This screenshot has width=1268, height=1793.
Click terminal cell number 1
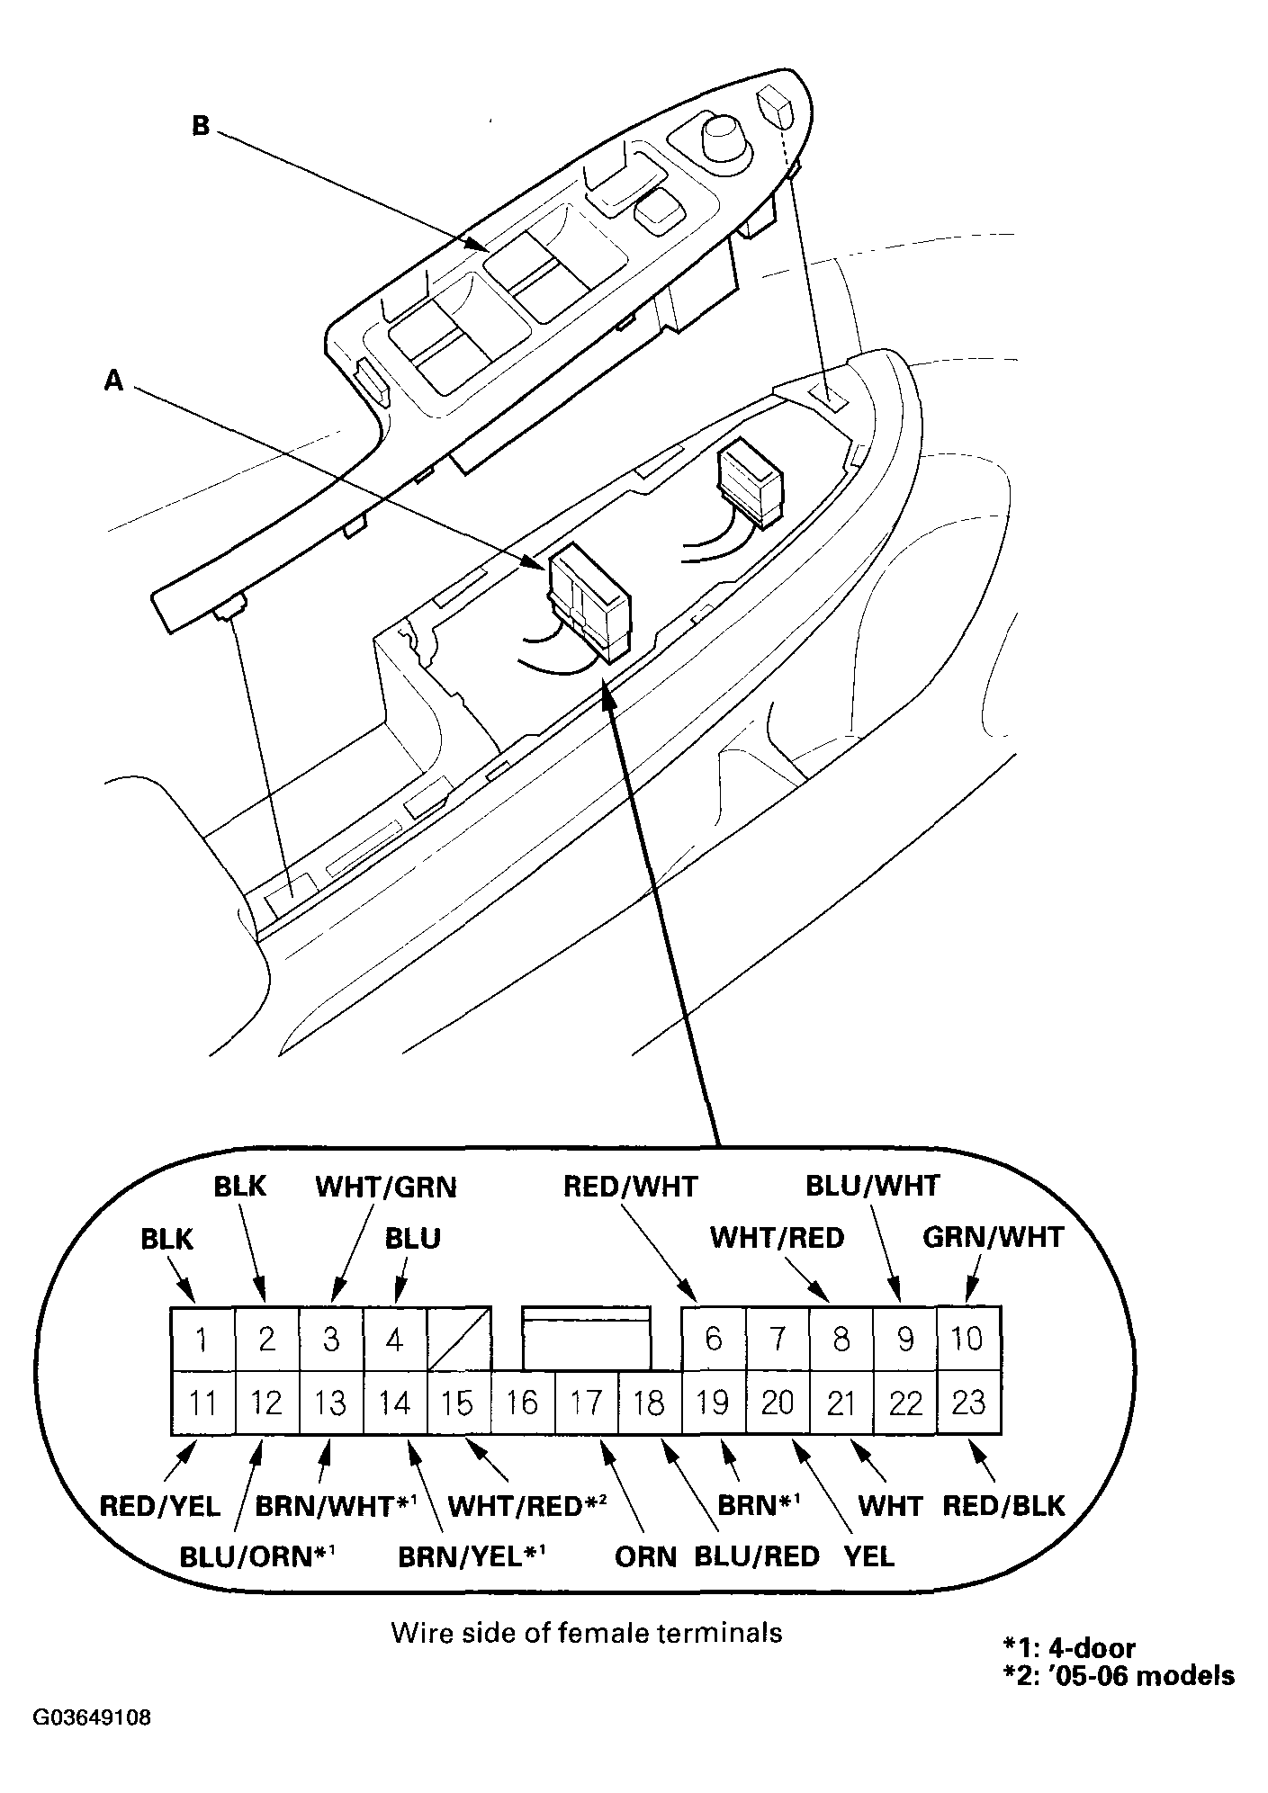click(x=202, y=1340)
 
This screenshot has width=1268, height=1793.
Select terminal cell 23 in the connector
click(x=969, y=1403)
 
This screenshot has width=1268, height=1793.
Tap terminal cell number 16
click(x=523, y=1403)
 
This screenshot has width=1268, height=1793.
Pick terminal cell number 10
click(x=969, y=1340)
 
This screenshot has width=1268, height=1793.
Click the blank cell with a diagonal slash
click(x=459, y=1340)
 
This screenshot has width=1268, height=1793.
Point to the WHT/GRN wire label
click(x=386, y=1188)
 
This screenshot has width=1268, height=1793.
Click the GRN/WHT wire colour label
click(x=994, y=1238)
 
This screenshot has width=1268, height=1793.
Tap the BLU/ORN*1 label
click(x=258, y=1556)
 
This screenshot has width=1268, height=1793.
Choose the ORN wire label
click(x=646, y=1557)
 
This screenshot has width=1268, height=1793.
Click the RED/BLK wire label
click(x=1004, y=1506)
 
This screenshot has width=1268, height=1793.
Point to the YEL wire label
click(x=869, y=1557)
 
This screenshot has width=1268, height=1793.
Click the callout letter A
click(x=113, y=381)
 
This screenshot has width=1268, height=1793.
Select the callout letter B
click(x=201, y=126)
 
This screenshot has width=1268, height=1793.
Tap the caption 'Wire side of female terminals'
click(x=587, y=1633)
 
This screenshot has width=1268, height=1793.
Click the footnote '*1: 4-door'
click(x=1069, y=1648)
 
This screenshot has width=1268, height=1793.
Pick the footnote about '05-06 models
click(x=1119, y=1676)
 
